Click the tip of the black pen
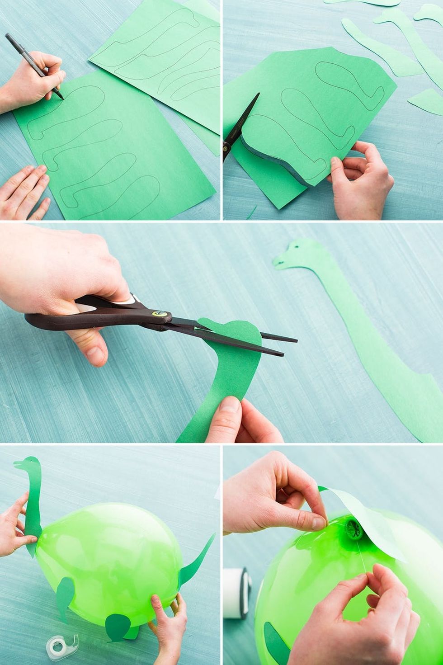(62, 97)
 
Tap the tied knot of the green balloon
(352, 528)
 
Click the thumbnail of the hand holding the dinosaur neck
(231, 405)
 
